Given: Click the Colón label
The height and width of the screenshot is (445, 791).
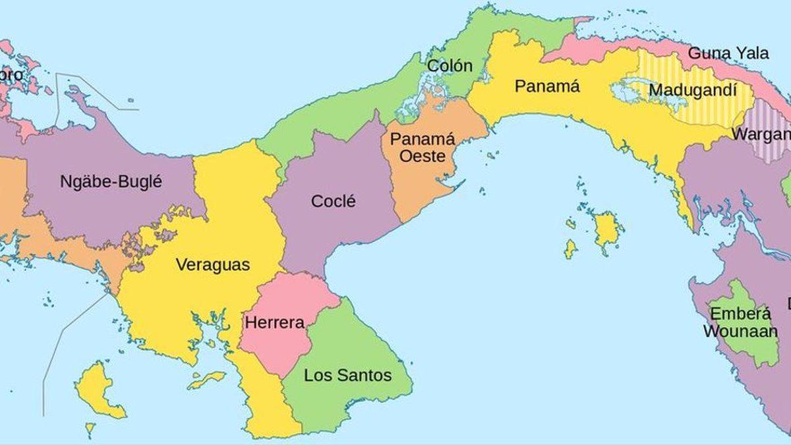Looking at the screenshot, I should (450, 66).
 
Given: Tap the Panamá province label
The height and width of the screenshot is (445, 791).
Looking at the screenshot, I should (547, 86).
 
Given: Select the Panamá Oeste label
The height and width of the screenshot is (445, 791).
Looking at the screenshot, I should (417, 148).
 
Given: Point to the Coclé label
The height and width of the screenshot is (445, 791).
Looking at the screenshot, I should (333, 201).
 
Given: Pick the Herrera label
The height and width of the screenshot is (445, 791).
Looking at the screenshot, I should (274, 323).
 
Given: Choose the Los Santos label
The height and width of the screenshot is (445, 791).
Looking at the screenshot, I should (347, 376).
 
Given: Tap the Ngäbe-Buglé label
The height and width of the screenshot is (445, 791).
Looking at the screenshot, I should (111, 181).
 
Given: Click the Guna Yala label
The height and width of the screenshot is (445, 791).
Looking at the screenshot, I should (728, 53).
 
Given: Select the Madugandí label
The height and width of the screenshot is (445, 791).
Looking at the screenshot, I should (692, 90).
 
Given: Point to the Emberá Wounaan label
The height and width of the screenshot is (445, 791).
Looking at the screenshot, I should (740, 322).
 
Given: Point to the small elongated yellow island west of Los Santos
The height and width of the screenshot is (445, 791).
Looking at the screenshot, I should (206, 380).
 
